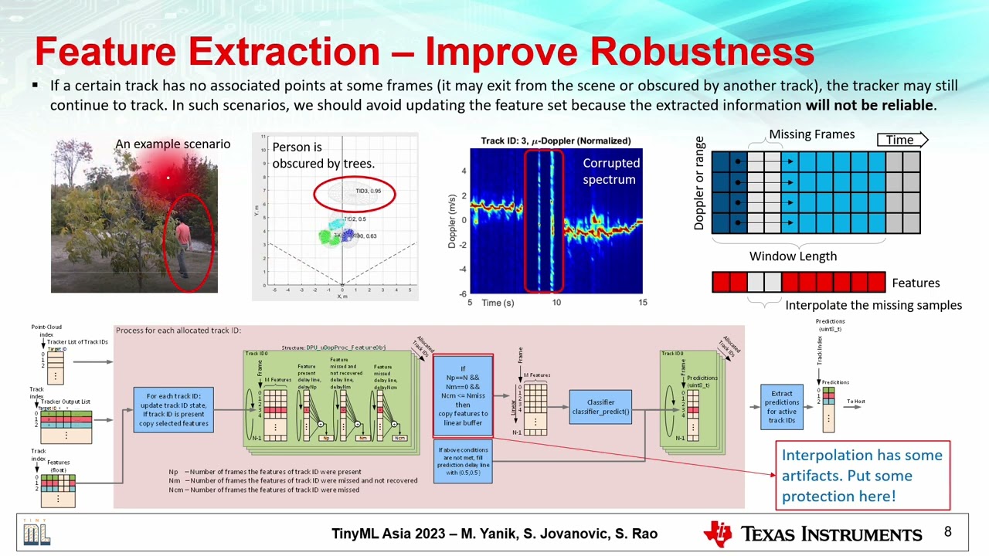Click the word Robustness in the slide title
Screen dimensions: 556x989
702,53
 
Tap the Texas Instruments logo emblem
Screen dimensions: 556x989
717,534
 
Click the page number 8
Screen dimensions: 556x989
947,532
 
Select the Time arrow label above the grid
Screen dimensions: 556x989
901,140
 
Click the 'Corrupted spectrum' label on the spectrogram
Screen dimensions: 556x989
611,171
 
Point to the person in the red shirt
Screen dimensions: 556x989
182,246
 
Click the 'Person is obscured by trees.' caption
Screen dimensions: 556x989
323,155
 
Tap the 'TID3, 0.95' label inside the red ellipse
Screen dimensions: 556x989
368,191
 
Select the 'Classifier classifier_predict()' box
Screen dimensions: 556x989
600,406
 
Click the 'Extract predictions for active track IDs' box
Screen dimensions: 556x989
781,407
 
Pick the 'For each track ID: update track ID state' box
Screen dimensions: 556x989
173,410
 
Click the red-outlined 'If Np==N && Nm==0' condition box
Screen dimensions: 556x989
463,396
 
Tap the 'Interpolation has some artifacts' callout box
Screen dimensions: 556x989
862,476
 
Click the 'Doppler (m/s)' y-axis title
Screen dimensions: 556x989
452,220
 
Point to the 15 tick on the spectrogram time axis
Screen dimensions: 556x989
641,303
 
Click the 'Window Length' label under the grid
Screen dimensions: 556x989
793,256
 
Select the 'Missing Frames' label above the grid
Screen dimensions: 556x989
811,134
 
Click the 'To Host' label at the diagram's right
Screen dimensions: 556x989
855,402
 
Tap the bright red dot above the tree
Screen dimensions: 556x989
168,178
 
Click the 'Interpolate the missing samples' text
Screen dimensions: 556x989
873,305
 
